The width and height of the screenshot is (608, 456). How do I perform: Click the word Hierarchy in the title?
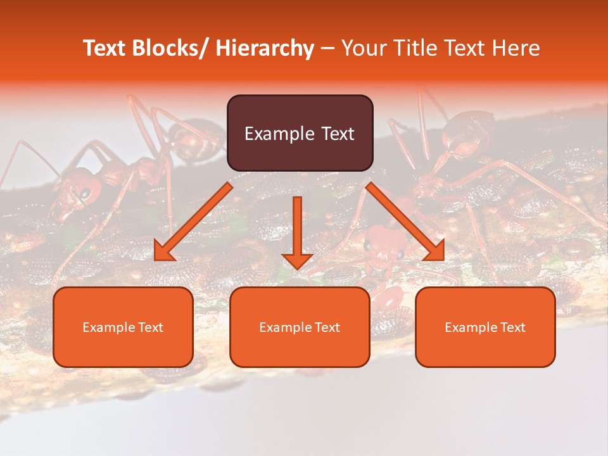point(265,48)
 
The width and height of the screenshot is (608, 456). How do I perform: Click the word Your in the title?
point(363,48)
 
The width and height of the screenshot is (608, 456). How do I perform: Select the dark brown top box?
point(300,133)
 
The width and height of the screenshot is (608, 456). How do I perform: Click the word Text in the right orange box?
point(514,327)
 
